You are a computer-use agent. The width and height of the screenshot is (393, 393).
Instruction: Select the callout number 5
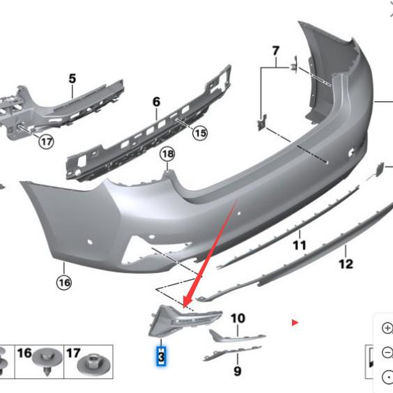(x=72, y=79)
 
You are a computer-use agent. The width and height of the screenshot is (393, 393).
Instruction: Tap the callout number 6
(x=156, y=102)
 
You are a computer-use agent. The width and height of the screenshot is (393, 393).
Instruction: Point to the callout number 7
(x=275, y=51)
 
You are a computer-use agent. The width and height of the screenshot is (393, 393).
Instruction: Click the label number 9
(x=237, y=371)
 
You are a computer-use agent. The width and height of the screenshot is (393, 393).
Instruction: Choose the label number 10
(x=238, y=318)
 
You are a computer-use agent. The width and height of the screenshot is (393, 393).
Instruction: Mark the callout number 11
(x=299, y=245)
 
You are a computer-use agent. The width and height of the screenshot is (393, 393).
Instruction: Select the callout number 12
(x=346, y=263)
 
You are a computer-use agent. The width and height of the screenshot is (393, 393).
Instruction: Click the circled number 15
(x=200, y=132)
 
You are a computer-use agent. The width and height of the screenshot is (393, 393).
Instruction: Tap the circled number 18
(x=167, y=154)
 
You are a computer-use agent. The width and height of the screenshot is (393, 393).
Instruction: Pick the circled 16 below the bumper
(x=64, y=282)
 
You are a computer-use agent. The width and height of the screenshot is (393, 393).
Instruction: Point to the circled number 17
(x=46, y=142)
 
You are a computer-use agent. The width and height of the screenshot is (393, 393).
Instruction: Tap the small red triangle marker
(x=295, y=322)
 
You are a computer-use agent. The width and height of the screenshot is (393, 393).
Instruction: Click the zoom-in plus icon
(x=387, y=327)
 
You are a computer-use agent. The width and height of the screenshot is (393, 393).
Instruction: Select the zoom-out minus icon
(x=387, y=353)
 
